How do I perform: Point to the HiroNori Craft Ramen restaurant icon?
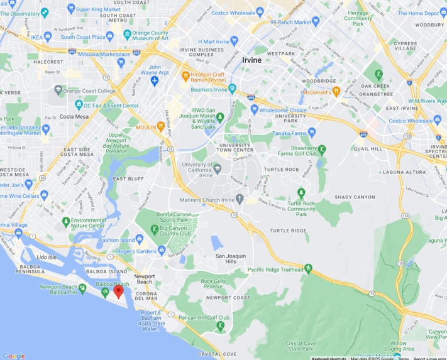(185, 76)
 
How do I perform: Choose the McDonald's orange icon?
(336, 92)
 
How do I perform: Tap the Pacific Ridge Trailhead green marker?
(308, 270)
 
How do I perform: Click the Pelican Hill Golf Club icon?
(220, 325)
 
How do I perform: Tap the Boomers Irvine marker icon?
(232, 89)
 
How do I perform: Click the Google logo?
(14, 356)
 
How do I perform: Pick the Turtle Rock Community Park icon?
(301, 192)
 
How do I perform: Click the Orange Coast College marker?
(58, 90)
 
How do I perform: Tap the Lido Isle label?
(47, 258)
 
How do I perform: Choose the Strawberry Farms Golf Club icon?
(323, 150)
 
